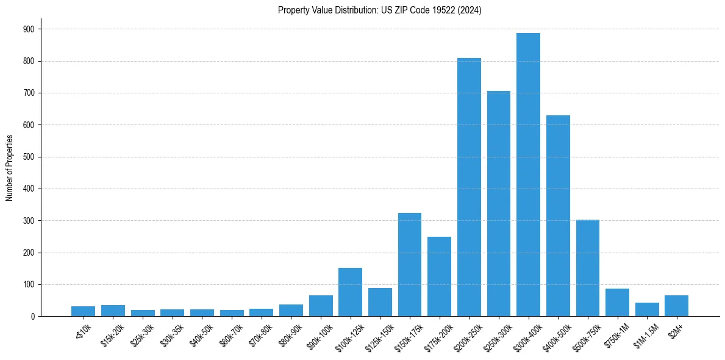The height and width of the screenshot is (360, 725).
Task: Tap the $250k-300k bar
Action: [499, 204]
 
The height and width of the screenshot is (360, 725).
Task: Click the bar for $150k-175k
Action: [410, 265]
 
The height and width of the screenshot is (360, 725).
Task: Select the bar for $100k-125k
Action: [350, 292]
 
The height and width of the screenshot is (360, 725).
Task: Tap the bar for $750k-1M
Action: [617, 303]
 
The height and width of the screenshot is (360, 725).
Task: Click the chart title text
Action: [379, 10]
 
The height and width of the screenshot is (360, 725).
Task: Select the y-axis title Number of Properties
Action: [10, 168]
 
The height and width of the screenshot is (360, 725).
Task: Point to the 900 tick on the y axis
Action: [29, 29]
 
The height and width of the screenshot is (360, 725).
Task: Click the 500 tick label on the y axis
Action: [29, 157]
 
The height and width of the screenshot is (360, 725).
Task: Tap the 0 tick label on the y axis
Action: [32, 317]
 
